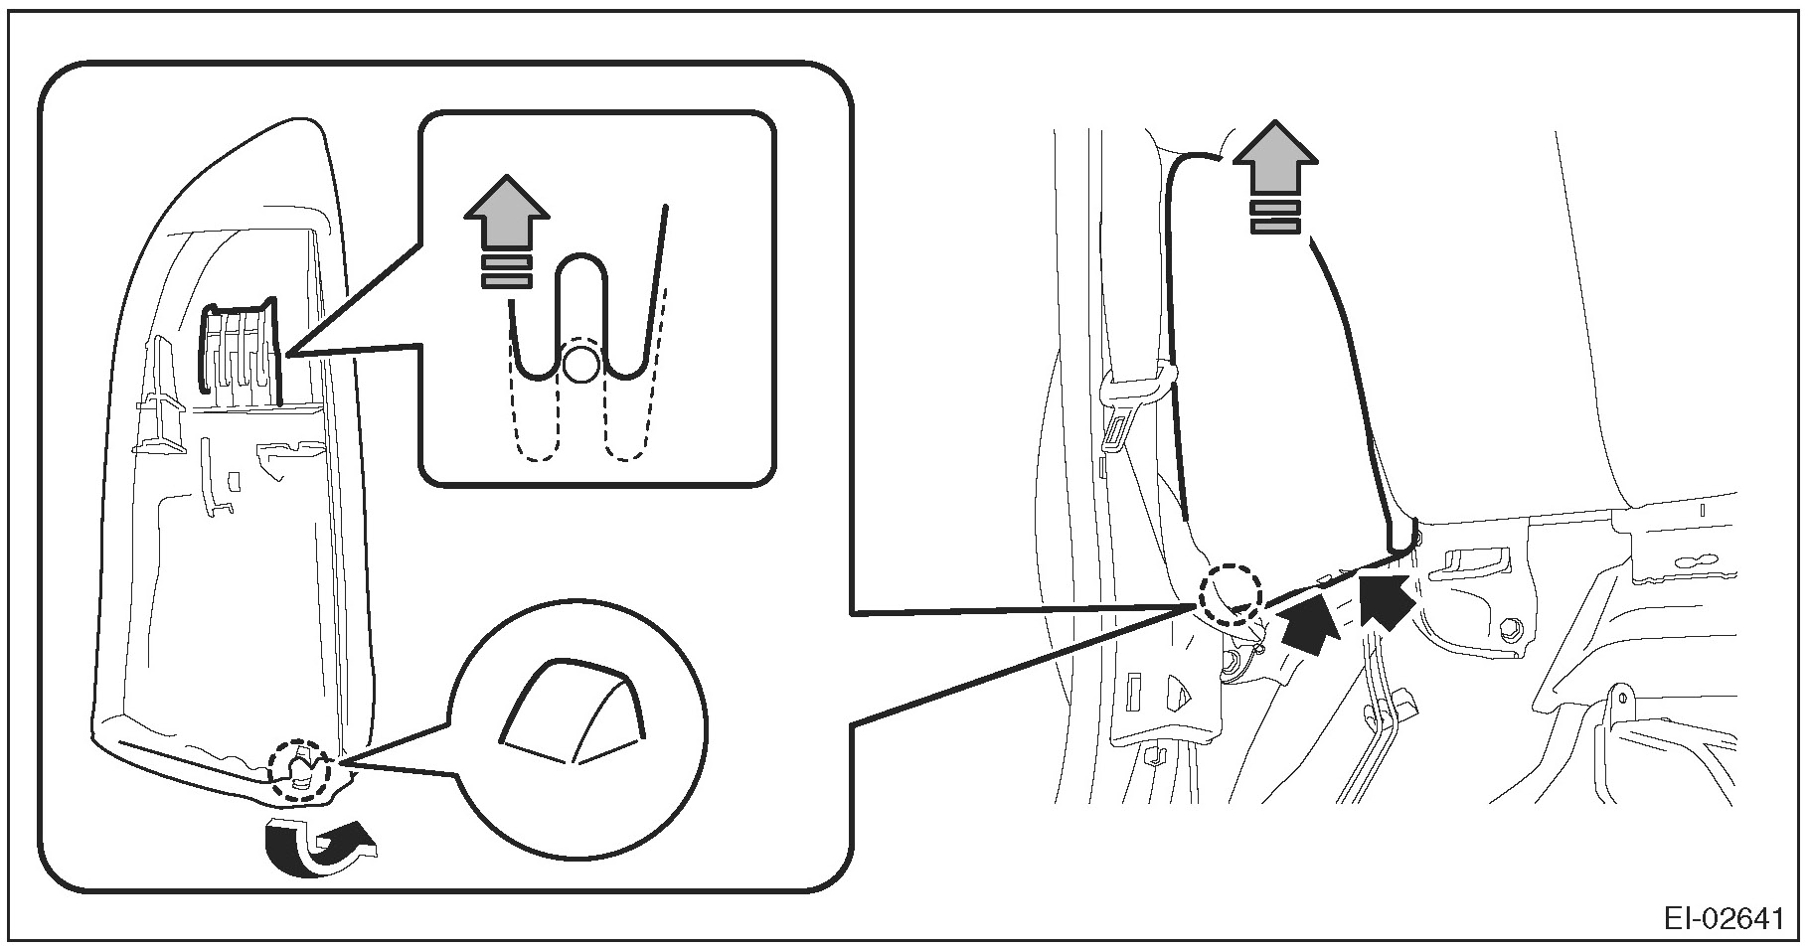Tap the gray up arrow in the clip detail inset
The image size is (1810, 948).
click(507, 215)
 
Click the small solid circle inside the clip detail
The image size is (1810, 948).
click(580, 365)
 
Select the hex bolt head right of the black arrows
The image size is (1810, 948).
click(1512, 629)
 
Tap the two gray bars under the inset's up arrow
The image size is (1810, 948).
click(507, 271)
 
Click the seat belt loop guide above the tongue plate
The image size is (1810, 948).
click(1139, 382)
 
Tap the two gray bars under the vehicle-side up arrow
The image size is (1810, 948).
click(1275, 218)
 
